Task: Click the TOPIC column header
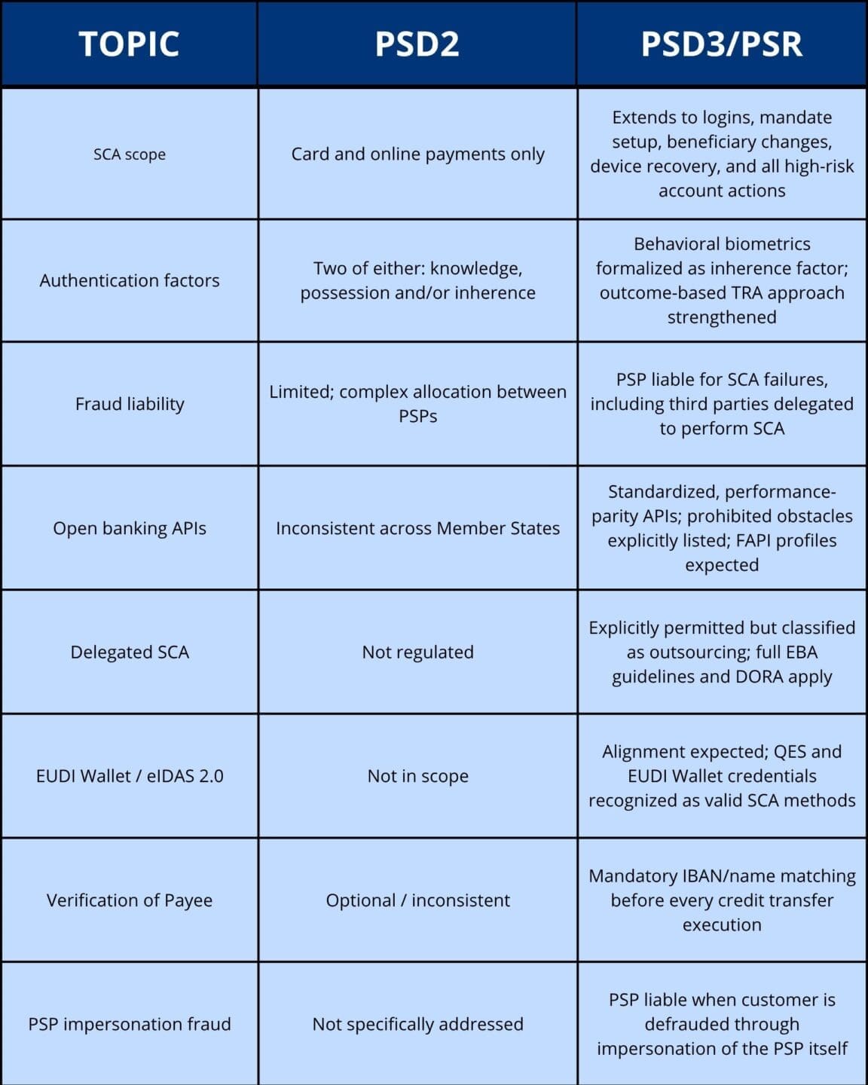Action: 129,44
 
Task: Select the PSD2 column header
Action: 417,44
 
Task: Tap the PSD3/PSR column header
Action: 721,44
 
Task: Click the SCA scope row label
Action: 130,154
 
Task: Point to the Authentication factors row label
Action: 130,280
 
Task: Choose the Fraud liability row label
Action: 130,404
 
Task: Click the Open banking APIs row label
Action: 130,528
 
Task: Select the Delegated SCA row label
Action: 130,652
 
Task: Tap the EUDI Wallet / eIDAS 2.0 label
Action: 130,776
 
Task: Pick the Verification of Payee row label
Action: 130,900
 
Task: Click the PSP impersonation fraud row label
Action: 130,1024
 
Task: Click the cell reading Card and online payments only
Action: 417,154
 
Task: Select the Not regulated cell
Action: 417,652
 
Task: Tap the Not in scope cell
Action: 417,776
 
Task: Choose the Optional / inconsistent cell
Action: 417,900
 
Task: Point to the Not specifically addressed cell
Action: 417,1024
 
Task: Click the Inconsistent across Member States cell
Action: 417,528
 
